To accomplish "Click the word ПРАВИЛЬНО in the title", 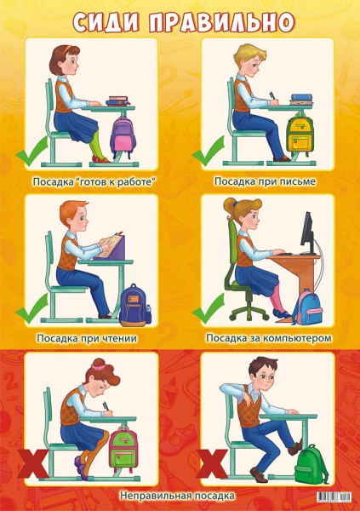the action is tap(221, 23).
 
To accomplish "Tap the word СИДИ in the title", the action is tap(106, 23).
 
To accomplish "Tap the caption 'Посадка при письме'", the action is tap(265, 181).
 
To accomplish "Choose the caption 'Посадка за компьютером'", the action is tap(269, 338).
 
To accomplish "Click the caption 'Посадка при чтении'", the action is tap(87, 338).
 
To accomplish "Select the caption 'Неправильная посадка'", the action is tap(177, 496).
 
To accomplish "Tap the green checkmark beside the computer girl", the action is tap(209, 308).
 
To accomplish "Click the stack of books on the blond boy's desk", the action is tap(301, 99).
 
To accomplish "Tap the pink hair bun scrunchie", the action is tap(99, 366).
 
